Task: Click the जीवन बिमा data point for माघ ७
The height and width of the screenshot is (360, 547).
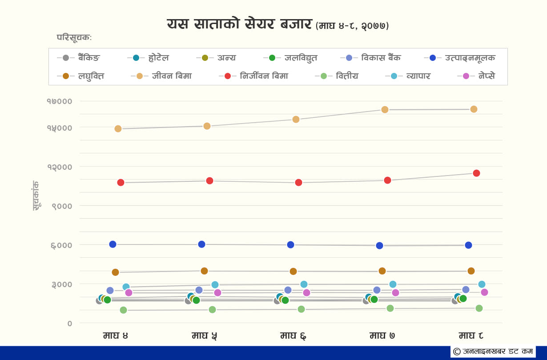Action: (x=385, y=110)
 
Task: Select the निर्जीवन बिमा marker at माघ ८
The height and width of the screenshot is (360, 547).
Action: (x=476, y=173)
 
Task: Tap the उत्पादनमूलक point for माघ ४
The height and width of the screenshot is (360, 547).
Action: (x=113, y=244)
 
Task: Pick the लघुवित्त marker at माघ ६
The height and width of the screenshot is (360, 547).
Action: (x=293, y=272)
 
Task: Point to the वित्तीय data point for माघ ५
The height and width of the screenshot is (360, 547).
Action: (x=212, y=309)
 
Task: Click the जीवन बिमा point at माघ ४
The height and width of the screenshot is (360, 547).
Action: (x=118, y=129)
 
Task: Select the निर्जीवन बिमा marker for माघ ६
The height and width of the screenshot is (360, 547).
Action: (x=298, y=183)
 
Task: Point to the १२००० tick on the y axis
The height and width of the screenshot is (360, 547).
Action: (x=60, y=167)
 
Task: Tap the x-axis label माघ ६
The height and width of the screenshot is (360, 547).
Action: (x=293, y=336)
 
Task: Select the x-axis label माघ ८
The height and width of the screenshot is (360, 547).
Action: (x=471, y=336)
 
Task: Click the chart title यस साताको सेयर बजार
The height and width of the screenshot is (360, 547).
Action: (x=239, y=24)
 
